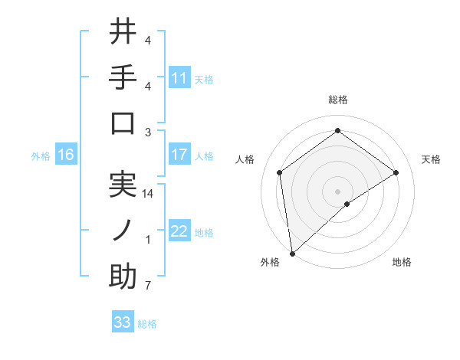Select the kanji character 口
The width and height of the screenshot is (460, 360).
123,123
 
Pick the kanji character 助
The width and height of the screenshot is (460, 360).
123,277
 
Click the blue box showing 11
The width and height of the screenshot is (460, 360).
179,77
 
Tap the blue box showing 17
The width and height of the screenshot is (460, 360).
179,155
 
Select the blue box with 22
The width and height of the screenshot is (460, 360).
179,231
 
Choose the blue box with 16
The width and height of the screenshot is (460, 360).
66,155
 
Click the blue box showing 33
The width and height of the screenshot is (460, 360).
123,322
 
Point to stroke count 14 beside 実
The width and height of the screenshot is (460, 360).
149,194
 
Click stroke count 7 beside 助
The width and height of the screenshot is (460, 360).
148,286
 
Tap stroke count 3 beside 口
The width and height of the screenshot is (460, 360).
148,132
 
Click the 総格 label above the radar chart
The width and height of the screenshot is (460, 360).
338,100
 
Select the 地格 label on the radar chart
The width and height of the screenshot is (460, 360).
402,263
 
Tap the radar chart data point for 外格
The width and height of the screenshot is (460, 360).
292,253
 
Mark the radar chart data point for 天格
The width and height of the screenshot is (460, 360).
396,172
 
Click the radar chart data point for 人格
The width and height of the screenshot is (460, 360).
280,172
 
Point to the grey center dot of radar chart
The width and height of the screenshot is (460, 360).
338,190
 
